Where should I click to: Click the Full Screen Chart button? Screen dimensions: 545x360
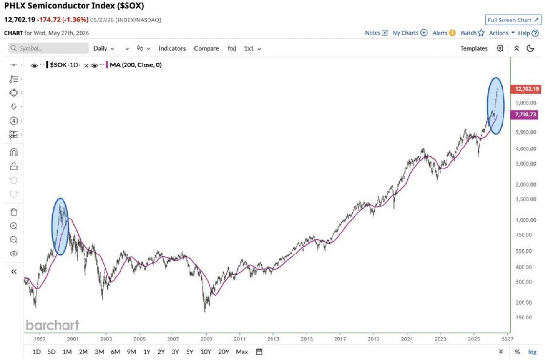(513, 20)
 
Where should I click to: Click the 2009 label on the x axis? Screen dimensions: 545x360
(206, 339)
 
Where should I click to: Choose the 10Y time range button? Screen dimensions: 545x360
(206, 352)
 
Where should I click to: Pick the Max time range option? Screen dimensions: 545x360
(242, 352)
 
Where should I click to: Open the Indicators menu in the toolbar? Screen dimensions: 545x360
(172, 48)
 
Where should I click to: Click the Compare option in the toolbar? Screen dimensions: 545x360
(207, 48)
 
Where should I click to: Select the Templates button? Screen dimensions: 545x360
(474, 48)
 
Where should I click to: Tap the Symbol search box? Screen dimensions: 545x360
(49, 48)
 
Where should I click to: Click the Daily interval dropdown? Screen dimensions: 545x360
(104, 48)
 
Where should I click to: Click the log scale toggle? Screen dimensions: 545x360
(532, 352)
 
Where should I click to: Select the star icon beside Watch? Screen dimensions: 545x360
(481, 33)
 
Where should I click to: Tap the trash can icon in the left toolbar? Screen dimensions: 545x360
(14, 212)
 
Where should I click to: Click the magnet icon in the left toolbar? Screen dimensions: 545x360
(14, 152)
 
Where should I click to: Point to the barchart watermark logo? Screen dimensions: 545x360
(52, 325)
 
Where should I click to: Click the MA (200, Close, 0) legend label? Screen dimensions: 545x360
(136, 64)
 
